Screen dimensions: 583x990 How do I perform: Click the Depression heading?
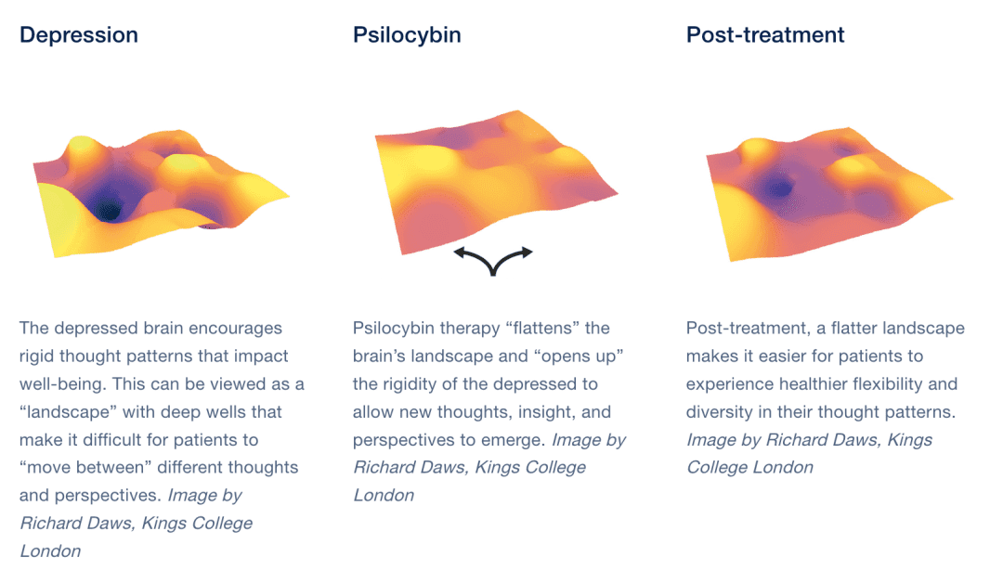pyautogui.click(x=79, y=35)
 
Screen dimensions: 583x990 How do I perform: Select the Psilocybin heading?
pyautogui.click(x=407, y=35)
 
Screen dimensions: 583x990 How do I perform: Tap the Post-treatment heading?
pyautogui.click(x=765, y=35)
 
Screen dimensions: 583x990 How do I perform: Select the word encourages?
pyautogui.click(x=236, y=329)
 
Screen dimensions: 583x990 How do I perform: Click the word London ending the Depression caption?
pyautogui.click(x=50, y=551)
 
